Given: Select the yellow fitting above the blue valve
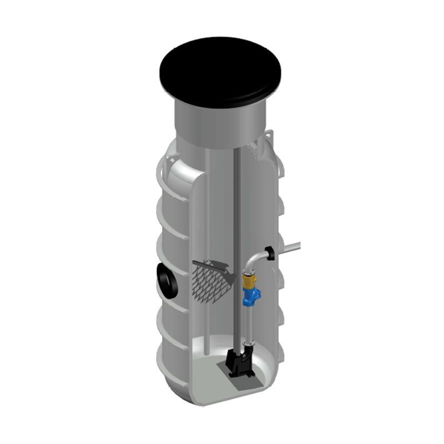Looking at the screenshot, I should [x=249, y=280].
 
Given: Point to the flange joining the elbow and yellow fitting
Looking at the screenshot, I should [x=249, y=272].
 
